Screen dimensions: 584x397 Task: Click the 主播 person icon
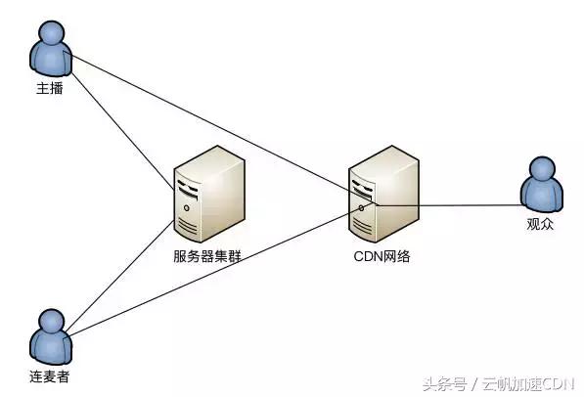point(51,49)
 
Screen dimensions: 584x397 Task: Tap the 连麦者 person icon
point(51,337)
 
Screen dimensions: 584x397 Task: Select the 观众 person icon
point(542,184)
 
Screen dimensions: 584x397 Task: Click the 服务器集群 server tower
point(209,194)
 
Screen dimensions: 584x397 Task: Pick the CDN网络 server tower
point(384,194)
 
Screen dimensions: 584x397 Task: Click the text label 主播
point(50,89)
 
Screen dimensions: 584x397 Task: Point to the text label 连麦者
point(50,376)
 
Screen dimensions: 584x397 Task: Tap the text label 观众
point(540,224)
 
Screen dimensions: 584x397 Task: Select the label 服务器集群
point(207,256)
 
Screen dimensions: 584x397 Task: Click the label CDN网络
point(382,256)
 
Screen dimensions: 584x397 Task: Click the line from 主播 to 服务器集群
point(122,131)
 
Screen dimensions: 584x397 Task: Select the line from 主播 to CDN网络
point(221,128)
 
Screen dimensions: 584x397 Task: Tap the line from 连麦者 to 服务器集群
point(120,276)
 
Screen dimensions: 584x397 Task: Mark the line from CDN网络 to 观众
point(450,205)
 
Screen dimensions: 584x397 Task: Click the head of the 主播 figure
point(52,32)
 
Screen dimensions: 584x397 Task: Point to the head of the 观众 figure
point(542,168)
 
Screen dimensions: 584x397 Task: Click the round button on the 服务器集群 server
point(187,208)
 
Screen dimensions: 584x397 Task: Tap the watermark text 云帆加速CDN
point(528,384)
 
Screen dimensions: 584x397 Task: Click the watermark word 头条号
point(444,384)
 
